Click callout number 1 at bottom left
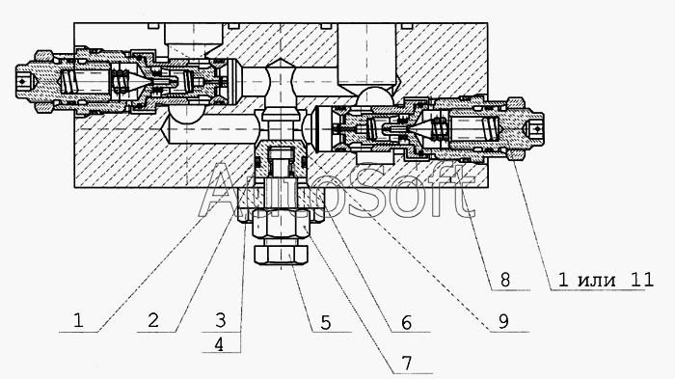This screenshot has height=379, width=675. pyautogui.click(x=78, y=320)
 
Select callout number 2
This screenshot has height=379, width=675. pyautogui.click(x=152, y=320)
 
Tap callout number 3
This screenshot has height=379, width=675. pyautogui.click(x=220, y=320)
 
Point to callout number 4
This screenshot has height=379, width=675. pyautogui.click(x=219, y=344)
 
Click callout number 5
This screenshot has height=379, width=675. pyautogui.click(x=326, y=322)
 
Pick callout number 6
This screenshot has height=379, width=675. pyautogui.click(x=406, y=322)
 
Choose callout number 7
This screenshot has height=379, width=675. pyautogui.click(x=406, y=364)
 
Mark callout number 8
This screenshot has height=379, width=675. pyautogui.click(x=505, y=281)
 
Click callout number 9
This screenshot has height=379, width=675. pyautogui.click(x=503, y=321)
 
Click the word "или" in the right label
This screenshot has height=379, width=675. pyautogui.click(x=596, y=281)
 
